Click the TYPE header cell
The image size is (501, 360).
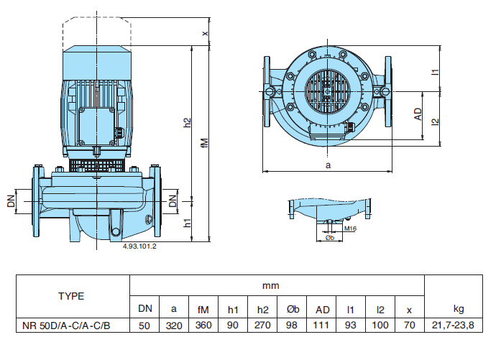(x=71, y=295)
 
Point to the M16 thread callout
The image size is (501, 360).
(x=350, y=228)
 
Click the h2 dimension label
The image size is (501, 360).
(x=188, y=123)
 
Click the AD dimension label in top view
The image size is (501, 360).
(x=418, y=114)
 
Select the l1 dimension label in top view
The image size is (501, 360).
(x=434, y=72)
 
